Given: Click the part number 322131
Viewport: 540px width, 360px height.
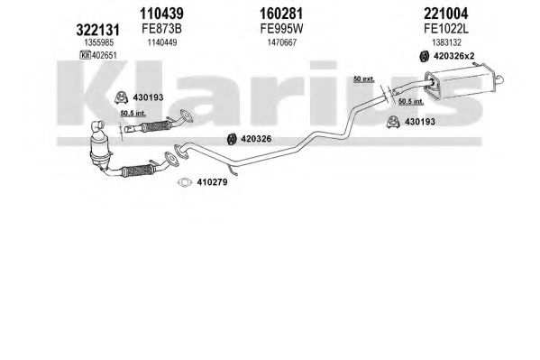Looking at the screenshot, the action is click(x=97, y=30).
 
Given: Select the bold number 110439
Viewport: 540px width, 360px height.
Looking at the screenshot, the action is click(x=161, y=14).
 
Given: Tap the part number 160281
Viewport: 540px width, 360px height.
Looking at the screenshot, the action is click(x=281, y=14).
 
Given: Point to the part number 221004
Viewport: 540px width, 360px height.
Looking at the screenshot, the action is click(x=446, y=14).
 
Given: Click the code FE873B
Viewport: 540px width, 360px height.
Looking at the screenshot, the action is click(x=161, y=29).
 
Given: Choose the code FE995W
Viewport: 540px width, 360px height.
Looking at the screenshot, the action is click(x=281, y=29).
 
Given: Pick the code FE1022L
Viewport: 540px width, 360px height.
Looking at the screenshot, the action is click(x=446, y=29).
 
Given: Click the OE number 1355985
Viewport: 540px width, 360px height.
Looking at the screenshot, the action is click(x=99, y=42).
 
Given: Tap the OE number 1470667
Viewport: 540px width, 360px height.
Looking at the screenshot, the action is click(x=282, y=42).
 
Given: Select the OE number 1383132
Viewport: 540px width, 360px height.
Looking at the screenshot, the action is click(x=446, y=42).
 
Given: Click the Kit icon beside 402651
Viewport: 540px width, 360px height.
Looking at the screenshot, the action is click(x=85, y=55).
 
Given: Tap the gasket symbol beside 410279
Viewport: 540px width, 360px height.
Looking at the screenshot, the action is click(x=185, y=182).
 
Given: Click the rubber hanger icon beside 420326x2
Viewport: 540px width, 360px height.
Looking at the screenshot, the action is click(x=424, y=56).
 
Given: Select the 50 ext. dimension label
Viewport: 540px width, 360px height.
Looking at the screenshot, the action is click(x=363, y=79).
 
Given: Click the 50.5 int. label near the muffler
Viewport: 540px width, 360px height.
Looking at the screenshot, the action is click(x=411, y=101).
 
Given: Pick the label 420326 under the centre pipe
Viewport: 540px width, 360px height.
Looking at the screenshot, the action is click(x=256, y=139).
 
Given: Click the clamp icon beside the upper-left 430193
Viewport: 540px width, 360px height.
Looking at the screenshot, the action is click(x=121, y=97).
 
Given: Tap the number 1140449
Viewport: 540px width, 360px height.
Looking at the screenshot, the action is click(x=162, y=42).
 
